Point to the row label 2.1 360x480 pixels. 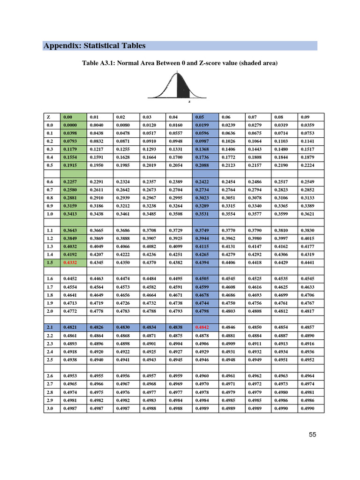point(50,327)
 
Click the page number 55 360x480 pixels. point(313,435)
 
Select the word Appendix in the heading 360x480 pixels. point(61,45)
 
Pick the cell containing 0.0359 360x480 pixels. point(307,125)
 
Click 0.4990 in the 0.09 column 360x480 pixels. point(307,408)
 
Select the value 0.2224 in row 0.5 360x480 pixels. point(307,165)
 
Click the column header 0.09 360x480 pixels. point(306,117)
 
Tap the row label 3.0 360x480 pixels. point(50,408)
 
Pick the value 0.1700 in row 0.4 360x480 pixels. point(175,157)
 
